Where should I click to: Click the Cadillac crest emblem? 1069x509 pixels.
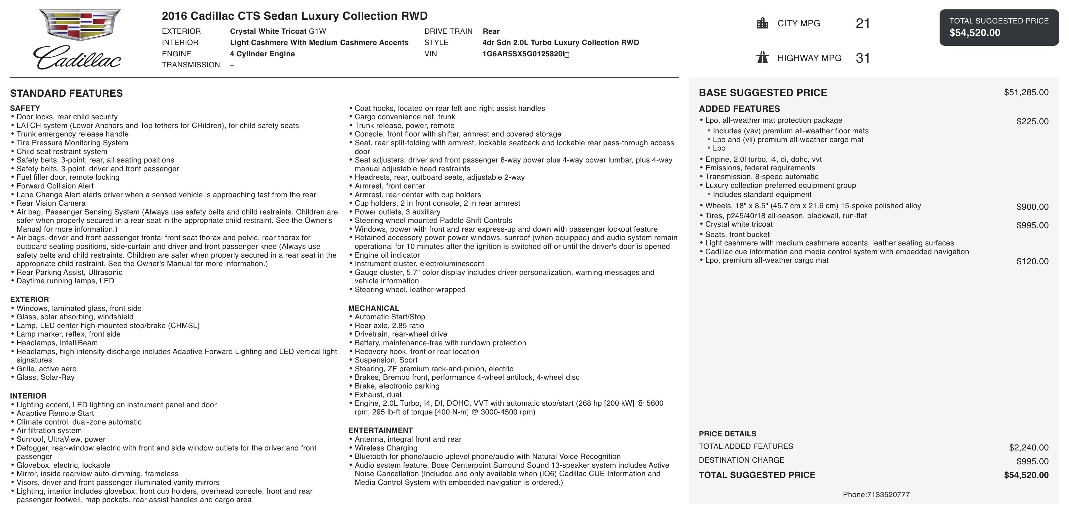coord(80,25)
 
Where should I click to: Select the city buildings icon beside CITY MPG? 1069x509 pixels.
coord(762,23)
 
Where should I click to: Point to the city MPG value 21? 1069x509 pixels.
coord(863,23)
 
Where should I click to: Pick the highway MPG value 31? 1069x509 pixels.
coord(863,58)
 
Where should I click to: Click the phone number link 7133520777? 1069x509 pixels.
coord(888,495)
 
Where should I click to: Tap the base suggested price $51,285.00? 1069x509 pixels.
coord(1026,92)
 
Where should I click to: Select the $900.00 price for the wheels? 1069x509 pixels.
coord(1032,207)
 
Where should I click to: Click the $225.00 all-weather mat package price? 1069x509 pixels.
coord(1032,121)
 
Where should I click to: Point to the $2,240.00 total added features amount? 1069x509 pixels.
coord(1028,448)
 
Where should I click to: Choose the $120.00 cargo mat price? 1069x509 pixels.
coord(1032,261)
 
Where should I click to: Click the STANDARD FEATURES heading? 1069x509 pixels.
coord(66,93)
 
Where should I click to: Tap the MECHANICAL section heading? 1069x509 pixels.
coord(374,308)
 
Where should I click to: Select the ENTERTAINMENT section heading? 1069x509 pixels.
coord(380,430)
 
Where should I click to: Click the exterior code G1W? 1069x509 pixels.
coord(318,31)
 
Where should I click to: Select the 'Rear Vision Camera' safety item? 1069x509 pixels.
coord(51,203)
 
